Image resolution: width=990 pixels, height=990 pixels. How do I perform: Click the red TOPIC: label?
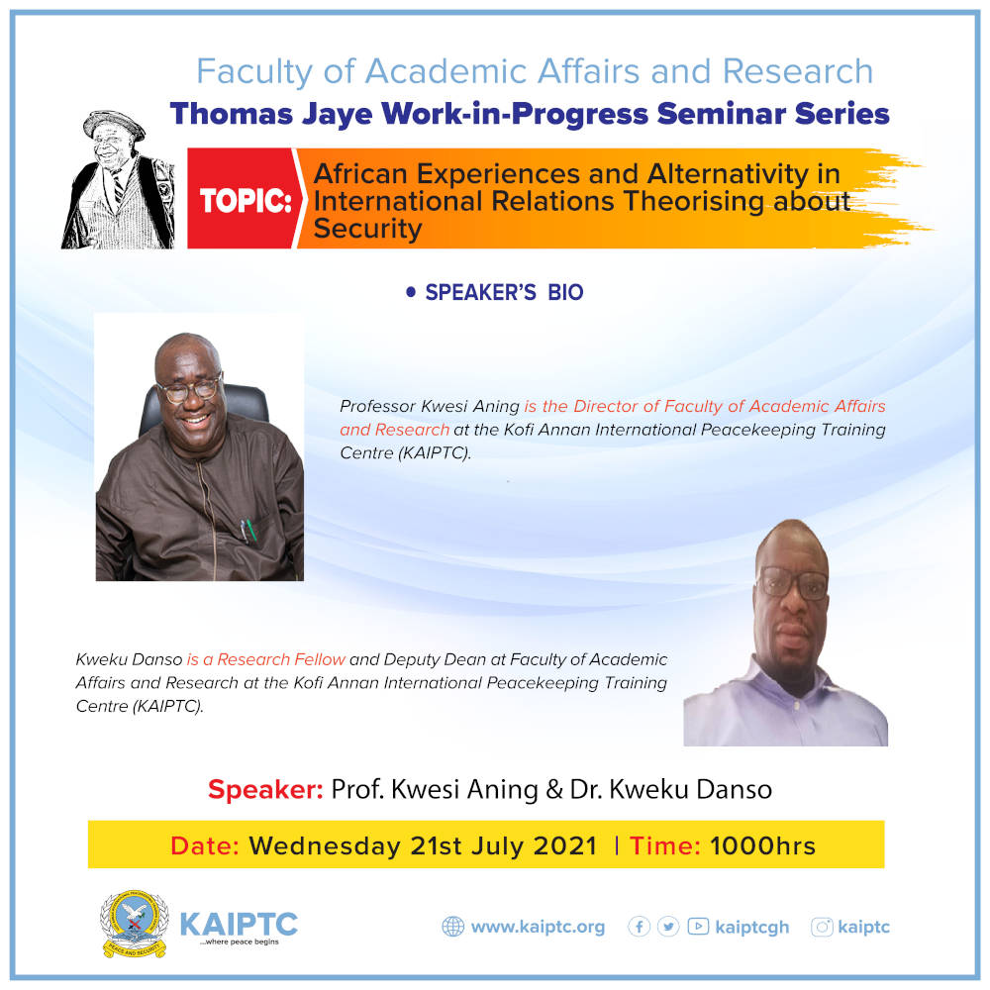pyautogui.click(x=247, y=201)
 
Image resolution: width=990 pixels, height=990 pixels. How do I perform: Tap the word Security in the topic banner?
pyautogui.click(x=367, y=229)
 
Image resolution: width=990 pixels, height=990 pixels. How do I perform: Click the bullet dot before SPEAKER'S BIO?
pyautogui.click(x=411, y=292)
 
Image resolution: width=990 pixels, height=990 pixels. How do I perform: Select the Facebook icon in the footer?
pyautogui.click(x=639, y=927)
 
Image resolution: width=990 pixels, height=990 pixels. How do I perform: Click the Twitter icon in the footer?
pyautogui.click(x=668, y=927)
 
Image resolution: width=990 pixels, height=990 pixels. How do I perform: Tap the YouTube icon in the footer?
pyautogui.click(x=698, y=927)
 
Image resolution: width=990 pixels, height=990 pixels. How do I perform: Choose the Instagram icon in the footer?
pyautogui.click(x=822, y=927)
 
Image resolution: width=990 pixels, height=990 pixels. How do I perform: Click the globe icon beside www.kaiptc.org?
pyautogui.click(x=452, y=927)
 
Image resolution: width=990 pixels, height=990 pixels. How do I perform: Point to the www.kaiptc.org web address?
pyautogui.click(x=538, y=927)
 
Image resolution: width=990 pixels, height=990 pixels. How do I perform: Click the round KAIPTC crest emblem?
pyautogui.click(x=135, y=923)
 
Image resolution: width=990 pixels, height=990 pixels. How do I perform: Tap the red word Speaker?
pyautogui.click(x=265, y=789)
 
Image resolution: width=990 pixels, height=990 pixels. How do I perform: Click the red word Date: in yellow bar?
pyautogui.click(x=205, y=846)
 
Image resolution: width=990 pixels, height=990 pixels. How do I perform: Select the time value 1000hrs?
pyautogui.click(x=762, y=846)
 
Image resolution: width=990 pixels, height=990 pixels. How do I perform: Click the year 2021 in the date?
pyautogui.click(x=565, y=846)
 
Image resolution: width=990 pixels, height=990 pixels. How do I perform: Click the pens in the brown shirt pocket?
pyautogui.click(x=248, y=531)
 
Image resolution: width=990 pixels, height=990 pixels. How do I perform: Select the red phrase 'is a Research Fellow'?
pyautogui.click(x=265, y=659)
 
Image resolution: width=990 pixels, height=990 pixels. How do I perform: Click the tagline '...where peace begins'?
pyautogui.click(x=239, y=942)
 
